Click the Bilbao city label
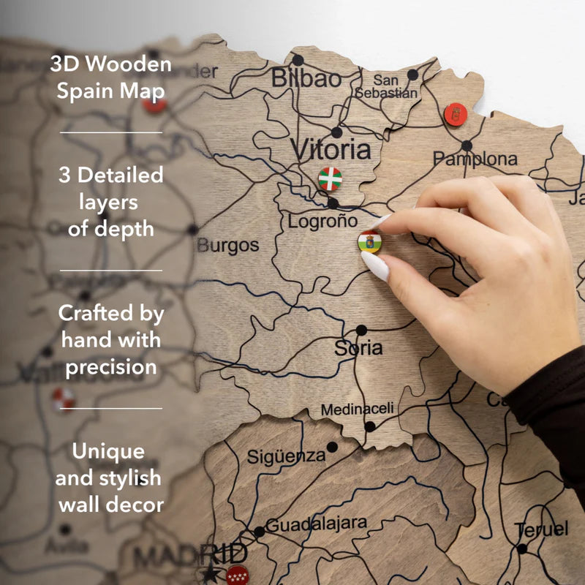306,78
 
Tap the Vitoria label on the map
331,150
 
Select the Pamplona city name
475,159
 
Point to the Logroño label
322,221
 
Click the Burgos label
227,246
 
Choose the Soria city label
358,348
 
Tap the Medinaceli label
357,409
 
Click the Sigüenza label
286,456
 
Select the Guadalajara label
316,524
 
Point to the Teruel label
541,529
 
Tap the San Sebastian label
387,86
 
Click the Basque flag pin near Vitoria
330,178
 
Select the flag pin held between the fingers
369,241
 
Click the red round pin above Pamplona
456,114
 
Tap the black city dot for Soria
361,330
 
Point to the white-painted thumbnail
375,267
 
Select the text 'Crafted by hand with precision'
111,340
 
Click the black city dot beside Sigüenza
332,447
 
